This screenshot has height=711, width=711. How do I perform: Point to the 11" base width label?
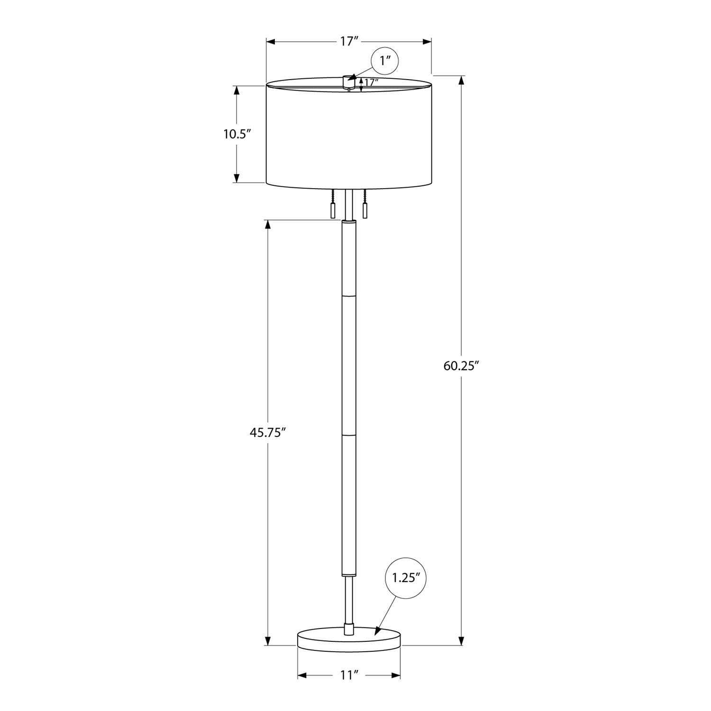click(348, 675)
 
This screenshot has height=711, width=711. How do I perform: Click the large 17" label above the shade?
click(348, 42)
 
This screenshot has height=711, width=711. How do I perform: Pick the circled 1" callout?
click(384, 61)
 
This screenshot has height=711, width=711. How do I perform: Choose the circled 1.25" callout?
click(406, 578)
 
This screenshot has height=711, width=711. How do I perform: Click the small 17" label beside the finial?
click(371, 82)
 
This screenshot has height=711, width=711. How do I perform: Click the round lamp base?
click(349, 640)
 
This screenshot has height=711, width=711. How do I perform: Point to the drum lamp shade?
click(349, 135)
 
